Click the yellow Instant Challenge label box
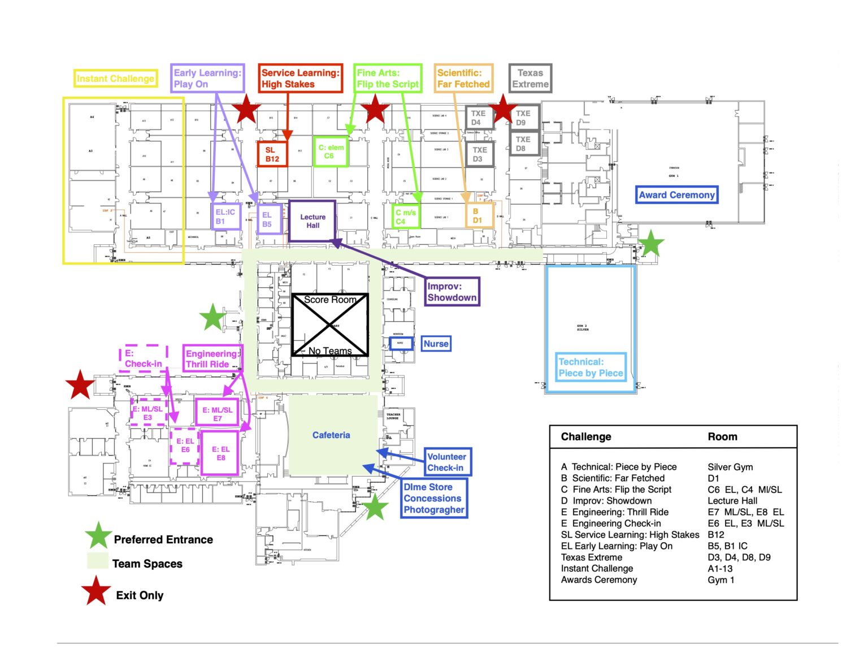click(x=115, y=79)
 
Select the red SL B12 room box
click(x=272, y=154)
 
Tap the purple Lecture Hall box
click(x=313, y=221)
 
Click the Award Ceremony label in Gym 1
click(x=676, y=195)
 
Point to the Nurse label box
click(x=436, y=344)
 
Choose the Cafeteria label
click(x=331, y=435)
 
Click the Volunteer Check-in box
click(x=446, y=462)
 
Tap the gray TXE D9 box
click(x=523, y=118)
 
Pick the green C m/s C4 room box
click(x=406, y=217)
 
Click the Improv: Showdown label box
click(x=452, y=292)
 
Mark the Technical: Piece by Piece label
click(x=591, y=367)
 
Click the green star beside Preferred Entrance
click(x=98, y=536)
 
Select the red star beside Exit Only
click(x=97, y=591)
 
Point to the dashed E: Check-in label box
click(x=144, y=358)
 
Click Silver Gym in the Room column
click(x=730, y=467)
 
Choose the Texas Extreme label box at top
click(x=530, y=79)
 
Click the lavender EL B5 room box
click(x=267, y=219)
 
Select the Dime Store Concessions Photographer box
click(x=433, y=498)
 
